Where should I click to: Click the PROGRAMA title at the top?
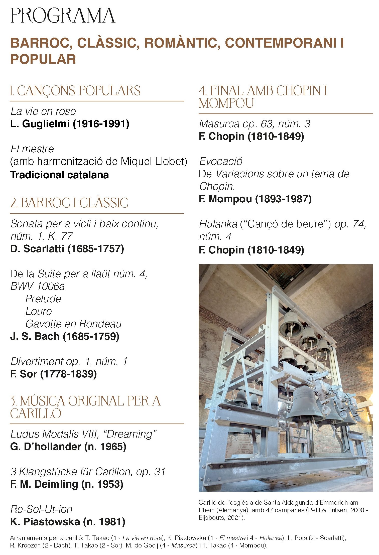point(63,16)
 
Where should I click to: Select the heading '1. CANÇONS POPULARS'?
point(75,91)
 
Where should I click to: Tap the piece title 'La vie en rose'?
point(43,111)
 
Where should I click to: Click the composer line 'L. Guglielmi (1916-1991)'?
point(70,124)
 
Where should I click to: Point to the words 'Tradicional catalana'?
point(59,175)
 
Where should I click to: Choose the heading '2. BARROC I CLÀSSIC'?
point(69,203)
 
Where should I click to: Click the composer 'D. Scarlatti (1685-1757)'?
point(67,249)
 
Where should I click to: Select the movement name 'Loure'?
point(39,311)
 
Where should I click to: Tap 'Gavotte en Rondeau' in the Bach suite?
point(73,324)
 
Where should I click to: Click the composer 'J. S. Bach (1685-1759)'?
point(65,336)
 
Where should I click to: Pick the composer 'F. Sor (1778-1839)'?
point(53,374)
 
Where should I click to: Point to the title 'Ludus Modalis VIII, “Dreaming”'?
point(83,434)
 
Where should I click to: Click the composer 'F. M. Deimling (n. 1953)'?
point(67,484)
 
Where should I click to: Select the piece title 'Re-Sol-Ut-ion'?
point(41,509)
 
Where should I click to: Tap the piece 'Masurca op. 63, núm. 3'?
point(255,124)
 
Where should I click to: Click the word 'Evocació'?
point(221,161)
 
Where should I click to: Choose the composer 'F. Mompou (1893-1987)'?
point(255,199)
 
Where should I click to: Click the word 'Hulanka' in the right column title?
point(218,224)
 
